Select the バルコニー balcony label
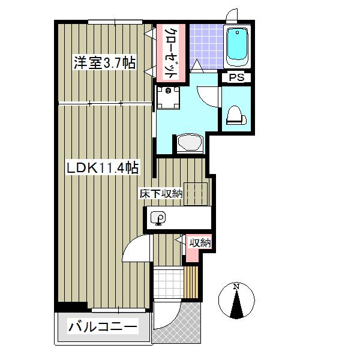pos(103,328)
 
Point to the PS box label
pos(235,77)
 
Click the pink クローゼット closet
pos(170,52)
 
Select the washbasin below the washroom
pos(190,143)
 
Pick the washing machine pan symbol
pos(169,98)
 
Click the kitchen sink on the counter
pos(159,219)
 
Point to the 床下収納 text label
pos(160,194)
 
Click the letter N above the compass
pos(236,286)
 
